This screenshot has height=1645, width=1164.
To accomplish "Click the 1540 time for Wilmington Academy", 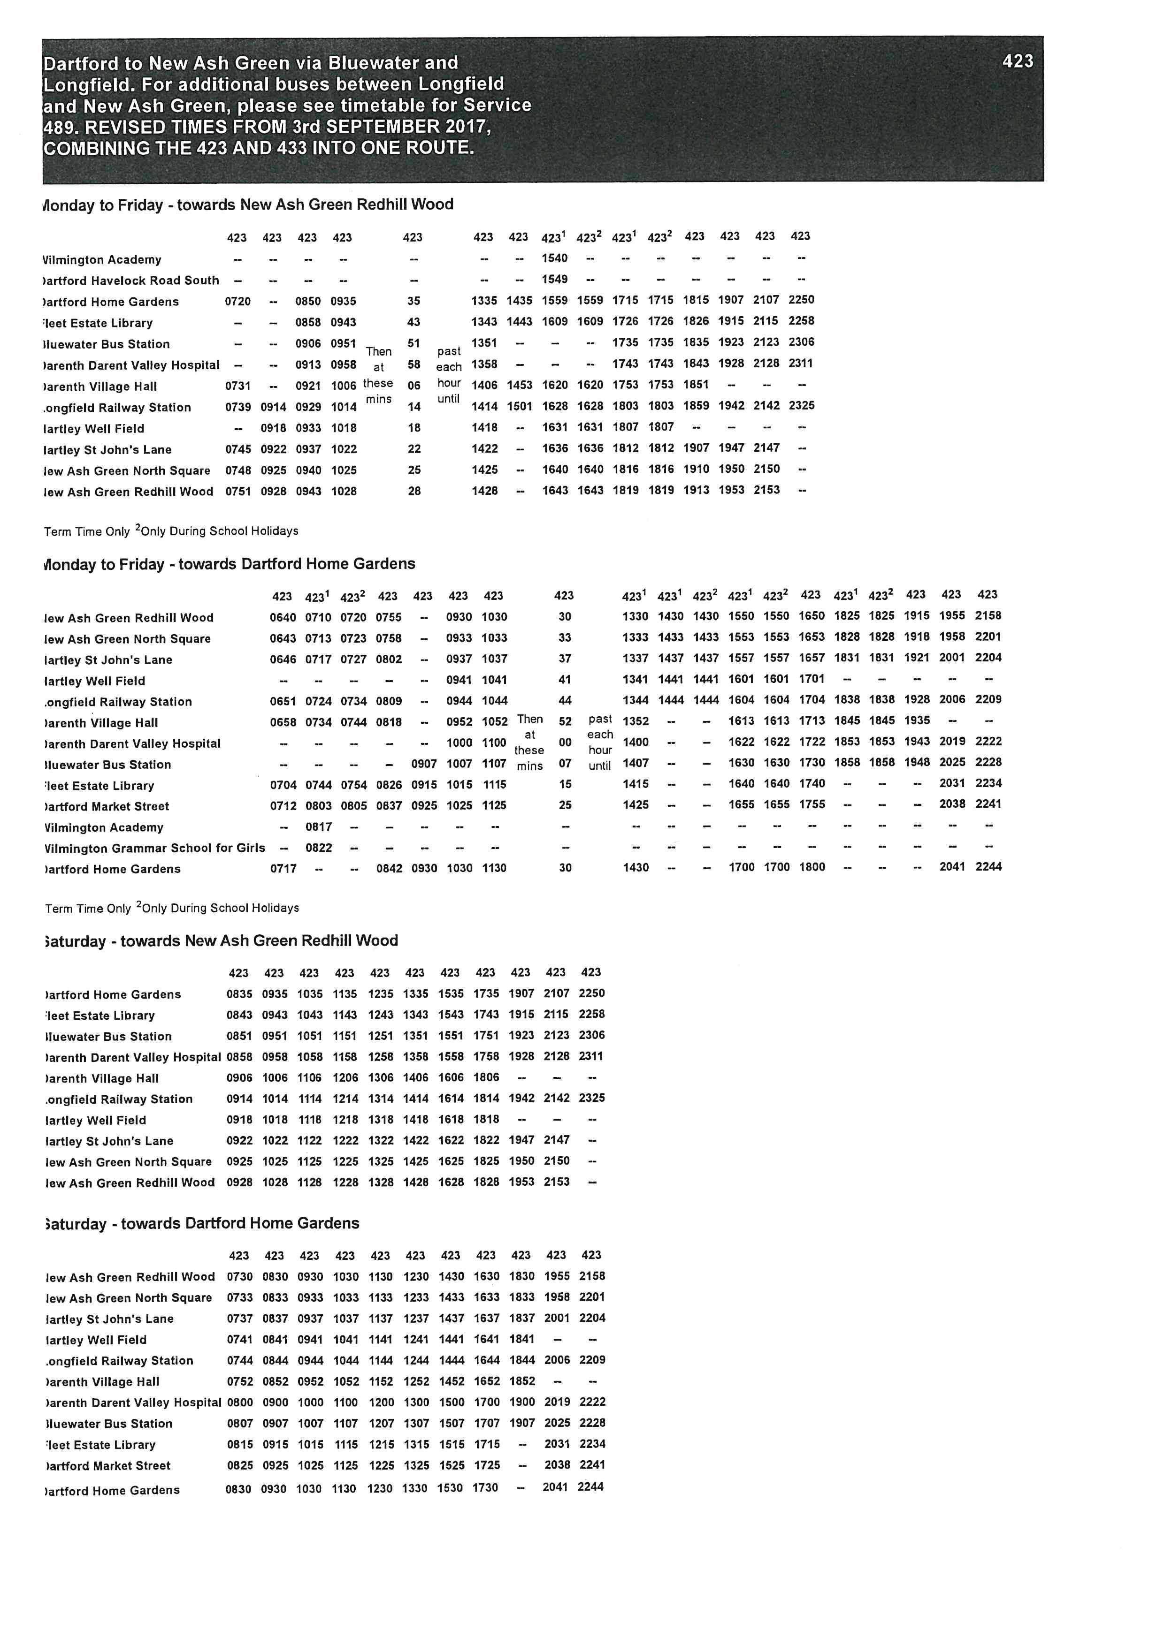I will click(x=554, y=258).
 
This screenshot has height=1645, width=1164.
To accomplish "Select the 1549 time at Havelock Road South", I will click(x=554, y=280).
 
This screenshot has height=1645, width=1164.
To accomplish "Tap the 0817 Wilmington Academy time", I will click(x=318, y=827).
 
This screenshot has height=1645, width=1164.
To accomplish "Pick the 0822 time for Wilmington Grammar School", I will click(x=318, y=848).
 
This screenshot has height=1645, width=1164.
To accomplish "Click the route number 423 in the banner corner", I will click(x=1018, y=61).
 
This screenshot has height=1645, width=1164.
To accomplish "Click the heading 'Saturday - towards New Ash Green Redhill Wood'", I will click(x=221, y=941).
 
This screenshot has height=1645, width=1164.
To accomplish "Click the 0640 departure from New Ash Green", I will click(x=283, y=617).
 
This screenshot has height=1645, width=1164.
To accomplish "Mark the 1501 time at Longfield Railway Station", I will click(x=520, y=406).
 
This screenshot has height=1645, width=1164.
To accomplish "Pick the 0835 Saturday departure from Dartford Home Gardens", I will click(x=239, y=994).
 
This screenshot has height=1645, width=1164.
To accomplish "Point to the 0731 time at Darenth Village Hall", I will click(x=238, y=386).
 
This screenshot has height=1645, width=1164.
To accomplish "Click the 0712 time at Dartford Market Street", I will click(x=283, y=806).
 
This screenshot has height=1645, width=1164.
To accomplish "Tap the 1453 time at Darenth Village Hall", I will click(x=520, y=386).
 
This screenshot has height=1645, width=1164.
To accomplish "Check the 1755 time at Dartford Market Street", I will click(x=812, y=804).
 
